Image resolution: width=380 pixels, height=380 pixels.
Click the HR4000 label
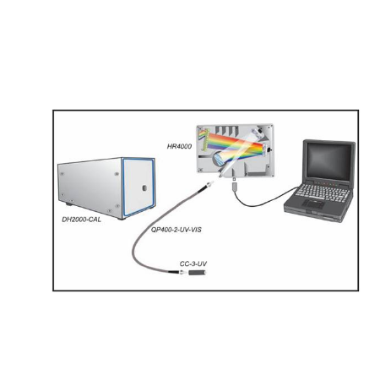[179, 146]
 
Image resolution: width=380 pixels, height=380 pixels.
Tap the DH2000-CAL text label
[81, 220]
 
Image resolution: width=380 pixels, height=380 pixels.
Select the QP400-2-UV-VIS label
[176, 230]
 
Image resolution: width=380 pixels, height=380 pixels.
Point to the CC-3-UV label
[193, 263]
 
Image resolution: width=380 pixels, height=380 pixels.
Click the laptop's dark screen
[328, 161]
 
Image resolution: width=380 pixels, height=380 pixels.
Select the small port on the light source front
[144, 187]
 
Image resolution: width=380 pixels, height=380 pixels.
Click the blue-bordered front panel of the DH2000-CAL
[138, 187]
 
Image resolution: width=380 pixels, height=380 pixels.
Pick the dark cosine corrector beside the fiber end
[197, 273]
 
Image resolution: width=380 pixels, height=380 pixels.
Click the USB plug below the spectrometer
[234, 187]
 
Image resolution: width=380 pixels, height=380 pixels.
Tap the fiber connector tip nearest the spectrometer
[210, 184]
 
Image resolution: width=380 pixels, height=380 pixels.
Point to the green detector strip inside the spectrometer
[205, 139]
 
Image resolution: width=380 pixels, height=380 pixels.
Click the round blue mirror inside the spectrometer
[217, 158]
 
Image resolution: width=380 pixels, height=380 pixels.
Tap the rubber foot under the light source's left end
[68, 204]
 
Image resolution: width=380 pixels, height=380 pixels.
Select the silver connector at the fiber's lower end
[183, 273]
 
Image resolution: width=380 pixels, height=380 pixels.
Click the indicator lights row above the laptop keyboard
[323, 183]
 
